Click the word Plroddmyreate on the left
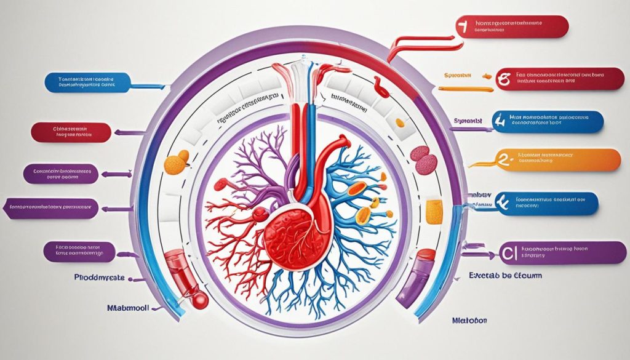pos(98,278)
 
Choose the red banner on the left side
pos(70,132)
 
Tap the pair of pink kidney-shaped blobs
pos(423,158)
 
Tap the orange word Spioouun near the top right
pos(457,74)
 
